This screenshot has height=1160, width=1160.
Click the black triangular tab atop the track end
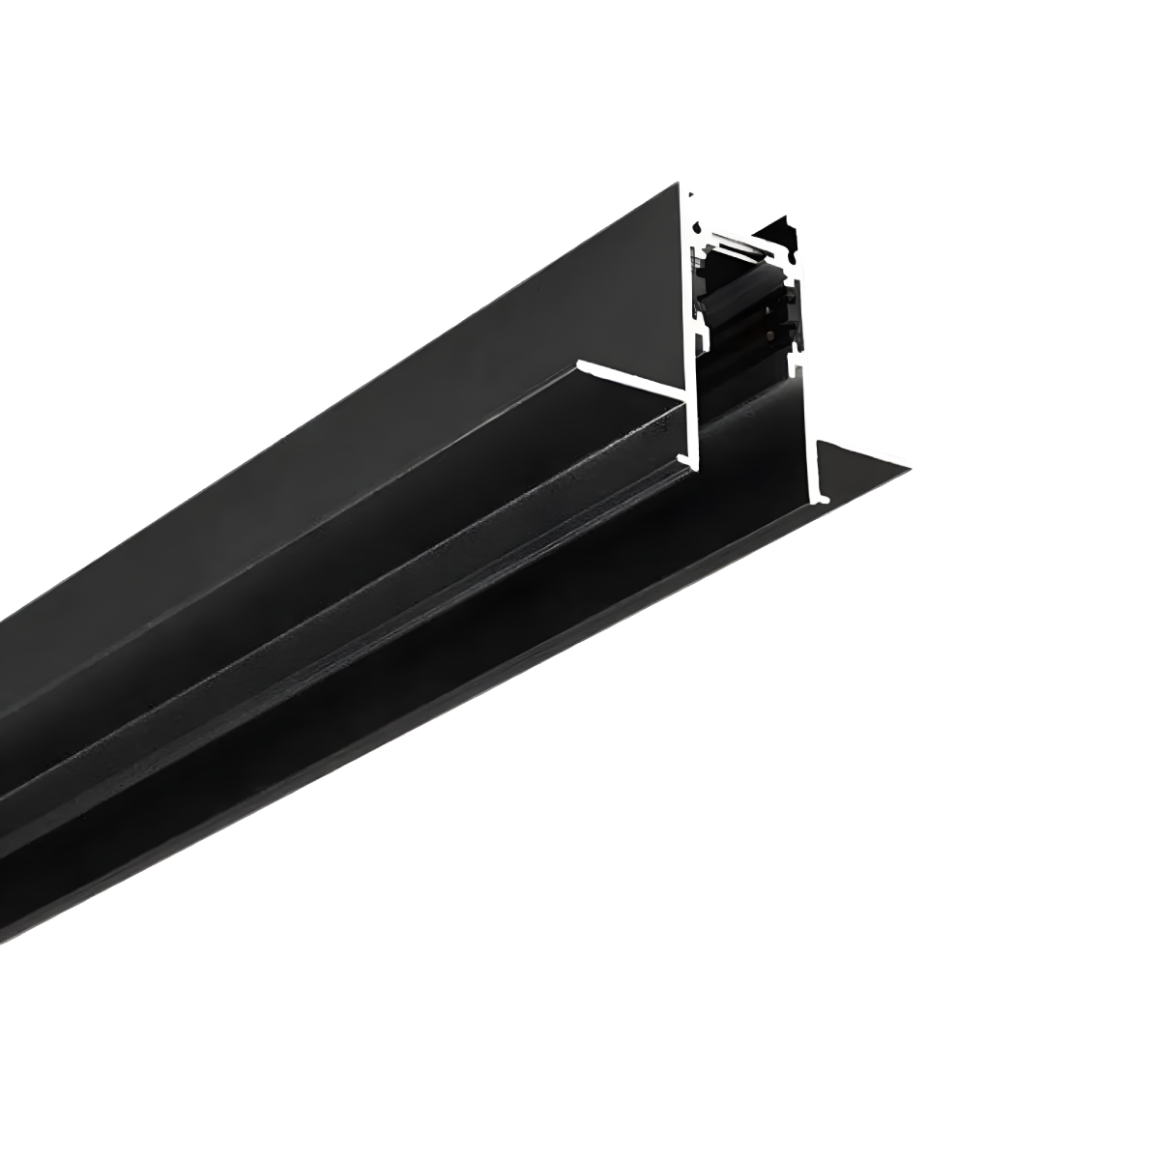[781, 233]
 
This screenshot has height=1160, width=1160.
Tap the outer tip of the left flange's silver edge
[580, 365]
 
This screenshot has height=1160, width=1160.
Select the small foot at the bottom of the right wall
[822, 498]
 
